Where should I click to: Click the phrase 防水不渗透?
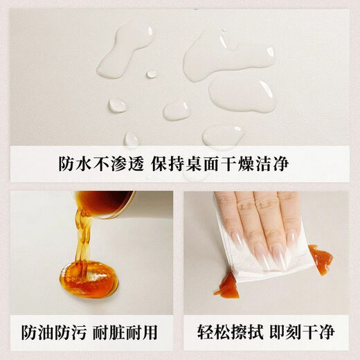point(102,164)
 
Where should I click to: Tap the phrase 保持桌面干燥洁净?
point(220,164)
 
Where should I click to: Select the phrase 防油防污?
point(54,332)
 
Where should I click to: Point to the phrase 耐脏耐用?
point(125,332)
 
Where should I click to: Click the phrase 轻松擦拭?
point(231,332)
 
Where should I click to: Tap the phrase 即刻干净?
point(303,332)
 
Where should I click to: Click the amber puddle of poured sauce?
point(89,278)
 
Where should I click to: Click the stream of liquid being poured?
point(83,240)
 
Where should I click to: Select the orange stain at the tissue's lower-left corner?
point(226,283)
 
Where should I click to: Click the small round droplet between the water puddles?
point(152,74)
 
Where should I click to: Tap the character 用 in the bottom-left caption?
point(150,332)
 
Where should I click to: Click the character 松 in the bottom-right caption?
point(222,332)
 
